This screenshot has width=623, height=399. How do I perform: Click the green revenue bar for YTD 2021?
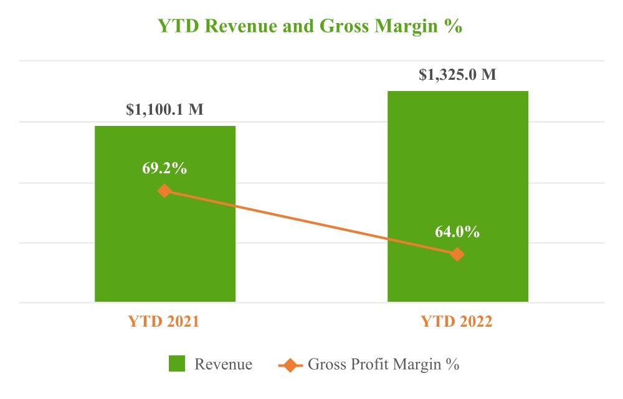coord(164,249)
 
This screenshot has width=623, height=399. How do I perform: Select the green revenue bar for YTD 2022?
coord(457,162)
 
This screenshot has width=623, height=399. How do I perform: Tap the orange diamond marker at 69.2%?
coord(164,190)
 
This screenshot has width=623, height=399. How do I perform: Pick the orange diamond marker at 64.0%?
coord(457,254)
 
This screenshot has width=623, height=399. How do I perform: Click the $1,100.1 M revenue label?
coord(164,110)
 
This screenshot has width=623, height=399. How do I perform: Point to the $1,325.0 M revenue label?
coord(457,75)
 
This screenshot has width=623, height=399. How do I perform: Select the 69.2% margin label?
coord(164,168)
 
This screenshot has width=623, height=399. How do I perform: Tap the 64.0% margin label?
coord(457,232)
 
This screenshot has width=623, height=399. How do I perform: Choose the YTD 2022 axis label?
coord(457,322)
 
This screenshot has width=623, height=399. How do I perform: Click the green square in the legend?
coord(178,364)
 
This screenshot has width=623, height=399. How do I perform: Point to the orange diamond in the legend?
coord(288,364)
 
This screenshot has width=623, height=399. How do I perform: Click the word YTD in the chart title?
coord(177,27)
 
